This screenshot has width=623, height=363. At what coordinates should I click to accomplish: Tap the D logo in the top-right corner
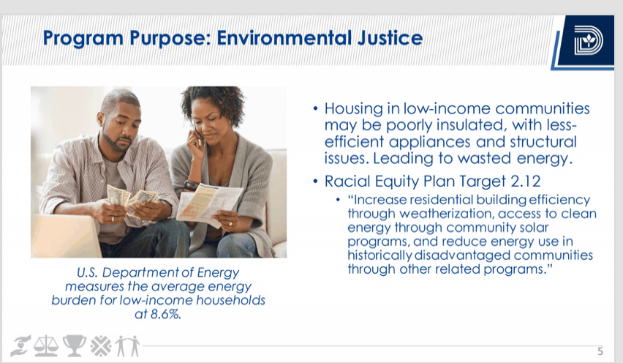point(588,40)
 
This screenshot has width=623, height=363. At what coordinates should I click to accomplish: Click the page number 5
point(600,351)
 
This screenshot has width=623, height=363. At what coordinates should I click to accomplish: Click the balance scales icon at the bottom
point(45,345)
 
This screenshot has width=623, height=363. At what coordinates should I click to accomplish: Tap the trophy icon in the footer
point(75,345)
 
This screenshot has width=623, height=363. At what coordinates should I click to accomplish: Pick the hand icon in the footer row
point(20,345)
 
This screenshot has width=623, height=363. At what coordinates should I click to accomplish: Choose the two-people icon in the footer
point(128,345)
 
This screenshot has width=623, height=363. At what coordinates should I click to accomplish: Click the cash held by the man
point(132,200)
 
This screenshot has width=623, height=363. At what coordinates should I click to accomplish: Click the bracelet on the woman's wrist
point(190,185)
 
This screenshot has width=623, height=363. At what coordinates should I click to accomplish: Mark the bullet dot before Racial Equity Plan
point(315,181)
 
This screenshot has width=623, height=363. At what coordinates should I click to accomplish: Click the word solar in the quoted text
point(535,228)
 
